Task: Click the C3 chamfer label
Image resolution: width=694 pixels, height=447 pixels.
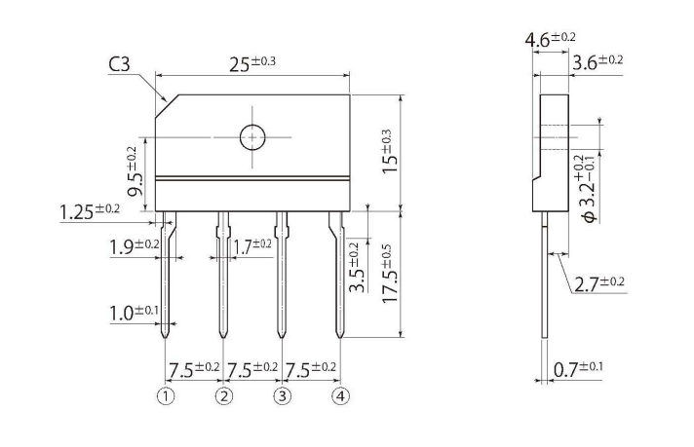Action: pos(119,65)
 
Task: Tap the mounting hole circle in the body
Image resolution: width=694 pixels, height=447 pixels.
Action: pos(253,138)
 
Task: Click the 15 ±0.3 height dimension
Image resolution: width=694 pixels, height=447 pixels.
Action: pos(387,152)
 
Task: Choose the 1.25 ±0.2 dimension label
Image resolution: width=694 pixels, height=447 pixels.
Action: pos(89,210)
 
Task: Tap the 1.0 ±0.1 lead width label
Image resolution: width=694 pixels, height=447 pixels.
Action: pos(134,312)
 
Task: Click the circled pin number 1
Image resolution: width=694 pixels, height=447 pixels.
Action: pos(167,396)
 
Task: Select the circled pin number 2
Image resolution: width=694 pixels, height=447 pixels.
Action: pos(224,396)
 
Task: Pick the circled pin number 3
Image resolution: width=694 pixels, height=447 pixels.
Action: pos(283,396)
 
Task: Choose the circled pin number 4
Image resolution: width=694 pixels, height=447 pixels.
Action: pos(340,396)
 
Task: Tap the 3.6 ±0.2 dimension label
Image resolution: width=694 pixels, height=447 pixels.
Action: pos(597,61)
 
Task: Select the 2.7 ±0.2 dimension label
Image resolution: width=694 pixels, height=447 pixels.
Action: pos(598,283)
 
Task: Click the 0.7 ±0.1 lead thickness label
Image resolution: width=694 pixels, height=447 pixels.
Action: pos(578,368)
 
